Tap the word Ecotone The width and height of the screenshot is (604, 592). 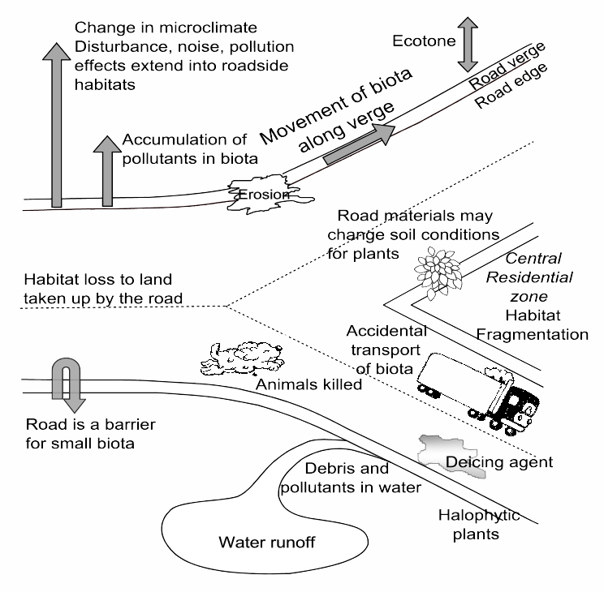tap(420, 40)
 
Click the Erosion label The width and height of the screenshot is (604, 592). tap(261, 195)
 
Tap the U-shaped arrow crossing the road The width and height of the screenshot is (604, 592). tap(63, 384)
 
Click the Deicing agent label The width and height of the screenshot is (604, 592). tap(499, 462)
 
